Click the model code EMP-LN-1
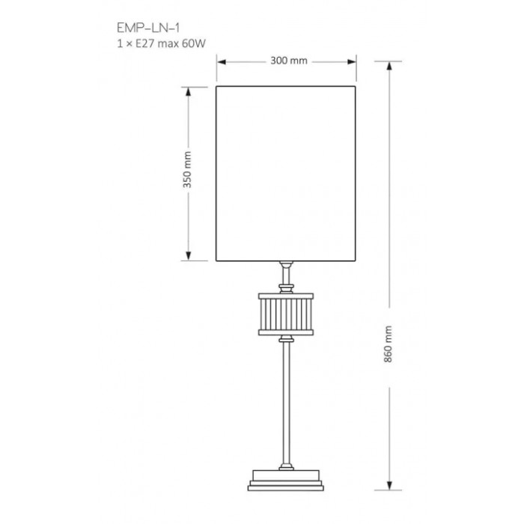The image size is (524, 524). (x=148, y=28)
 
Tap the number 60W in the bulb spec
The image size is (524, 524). (x=193, y=43)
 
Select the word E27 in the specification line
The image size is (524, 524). (x=145, y=43)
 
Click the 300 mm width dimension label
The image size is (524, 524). (x=289, y=61)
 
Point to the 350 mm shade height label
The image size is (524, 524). (x=187, y=170)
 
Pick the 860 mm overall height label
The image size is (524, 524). (x=388, y=344)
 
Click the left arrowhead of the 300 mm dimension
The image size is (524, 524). (x=222, y=62)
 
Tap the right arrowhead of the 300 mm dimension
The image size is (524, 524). (x=352, y=62)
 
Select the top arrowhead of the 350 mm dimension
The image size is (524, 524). (x=188, y=91)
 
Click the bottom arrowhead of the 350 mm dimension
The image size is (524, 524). (x=188, y=256)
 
